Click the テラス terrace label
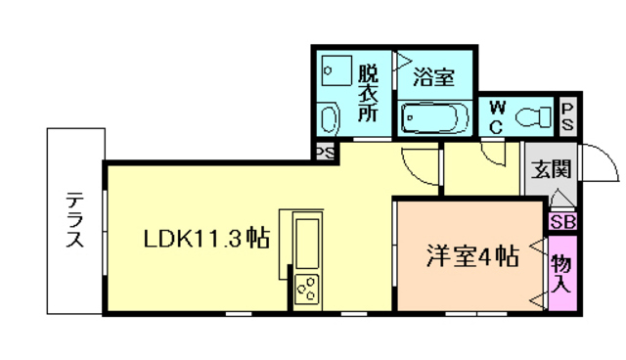pos(74,221)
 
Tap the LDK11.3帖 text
pos(206,240)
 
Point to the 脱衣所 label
pos(367,93)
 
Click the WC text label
pos(496,116)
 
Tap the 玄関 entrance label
pos(548,169)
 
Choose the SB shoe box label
pos(562,222)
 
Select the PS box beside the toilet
pos(567,116)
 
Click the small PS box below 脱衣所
pos(325,153)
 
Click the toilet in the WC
pos(532,116)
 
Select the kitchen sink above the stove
pos(306,245)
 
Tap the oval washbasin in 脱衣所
pos(330,120)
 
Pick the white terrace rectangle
pos(73,221)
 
